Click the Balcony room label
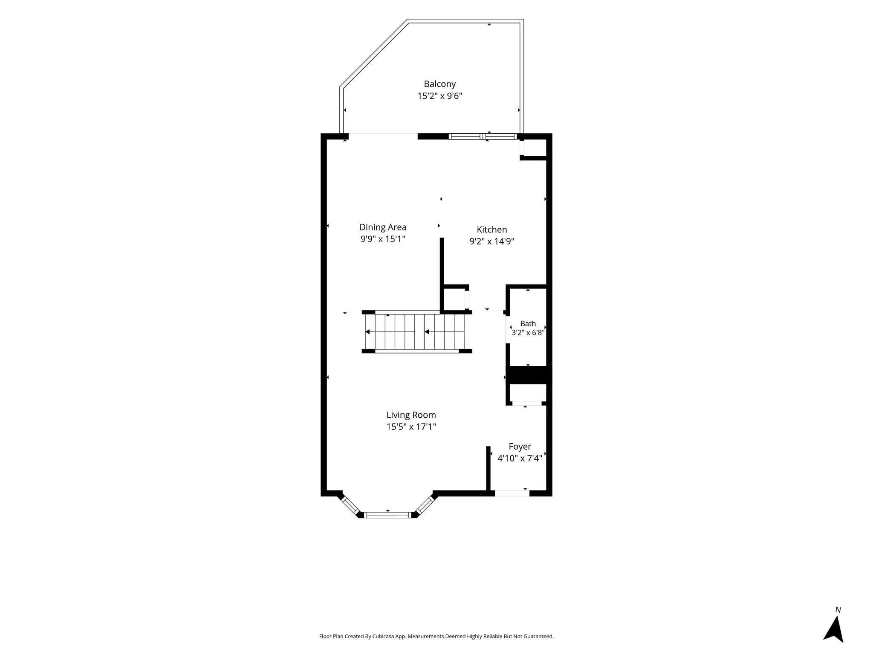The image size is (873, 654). (x=439, y=84)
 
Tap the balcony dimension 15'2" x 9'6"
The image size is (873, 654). (x=439, y=96)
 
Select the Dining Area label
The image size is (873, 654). (x=383, y=227)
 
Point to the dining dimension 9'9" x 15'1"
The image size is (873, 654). (x=383, y=239)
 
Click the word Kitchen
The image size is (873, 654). (x=492, y=229)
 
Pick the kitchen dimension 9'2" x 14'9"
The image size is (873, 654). (x=492, y=241)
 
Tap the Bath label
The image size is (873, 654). (x=528, y=324)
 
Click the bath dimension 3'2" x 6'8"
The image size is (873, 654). (x=528, y=333)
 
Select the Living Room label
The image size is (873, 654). (x=411, y=415)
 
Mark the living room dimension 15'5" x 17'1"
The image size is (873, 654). (x=411, y=427)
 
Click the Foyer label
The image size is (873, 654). (x=520, y=447)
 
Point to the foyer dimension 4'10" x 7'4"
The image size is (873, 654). (x=520, y=459)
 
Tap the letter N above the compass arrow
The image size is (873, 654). (x=838, y=610)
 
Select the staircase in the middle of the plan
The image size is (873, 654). (x=417, y=332)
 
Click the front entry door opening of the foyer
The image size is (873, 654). (x=512, y=493)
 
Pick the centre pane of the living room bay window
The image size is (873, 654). (x=388, y=515)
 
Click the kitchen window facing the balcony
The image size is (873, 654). (x=483, y=137)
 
